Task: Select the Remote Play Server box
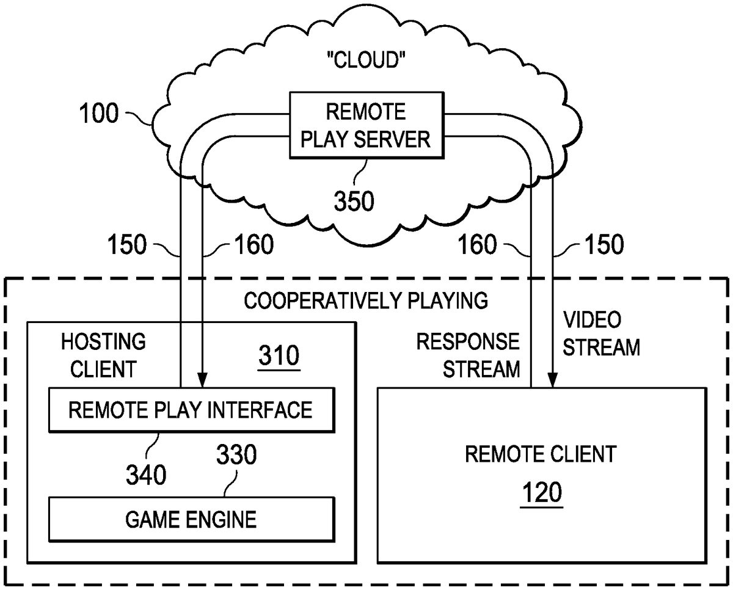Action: (x=366, y=126)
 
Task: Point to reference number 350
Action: (x=354, y=200)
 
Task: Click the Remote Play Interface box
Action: (x=191, y=409)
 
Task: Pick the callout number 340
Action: (x=145, y=474)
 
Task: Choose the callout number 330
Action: (x=236, y=455)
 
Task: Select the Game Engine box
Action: (x=191, y=519)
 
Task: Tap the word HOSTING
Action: (x=103, y=341)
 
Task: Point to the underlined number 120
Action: (x=541, y=492)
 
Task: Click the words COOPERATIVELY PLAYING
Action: (x=366, y=300)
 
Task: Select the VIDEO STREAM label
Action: (x=600, y=333)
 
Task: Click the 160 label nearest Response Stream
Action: (x=478, y=245)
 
